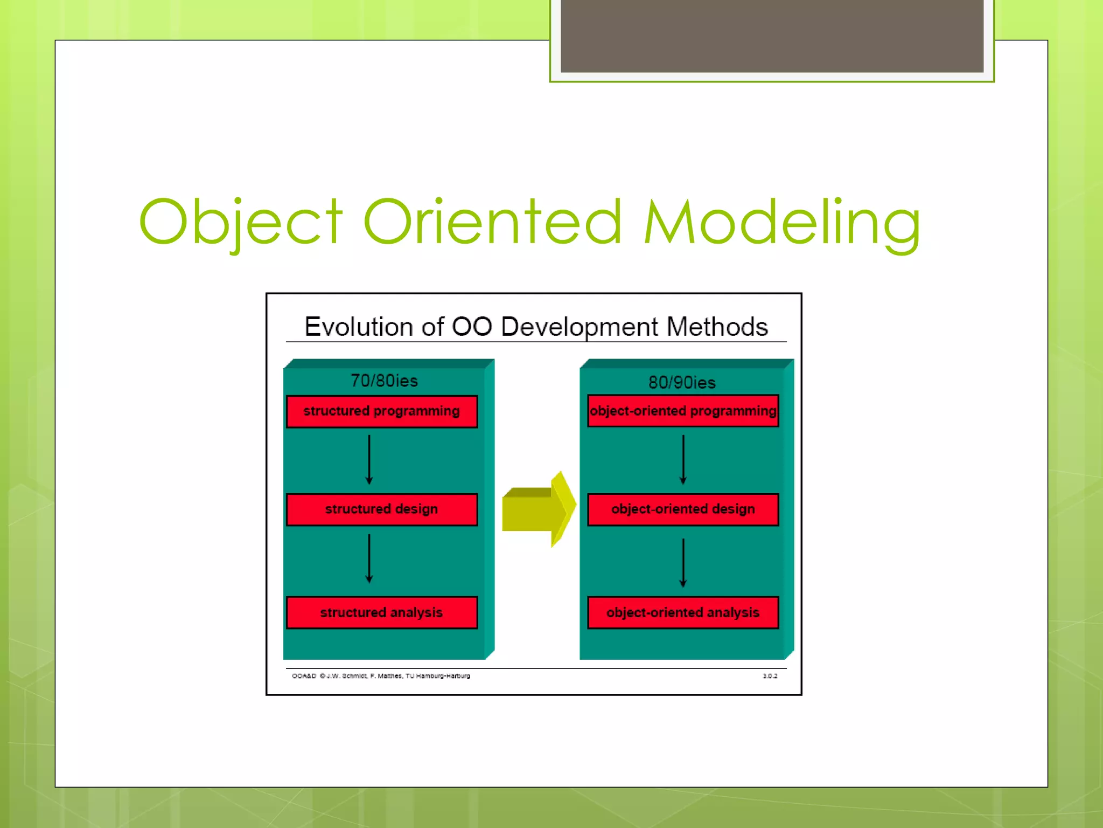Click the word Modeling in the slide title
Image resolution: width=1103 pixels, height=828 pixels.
(782, 222)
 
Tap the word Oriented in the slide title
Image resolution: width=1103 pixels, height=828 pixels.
(492, 222)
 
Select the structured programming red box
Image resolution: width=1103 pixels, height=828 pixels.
(381, 411)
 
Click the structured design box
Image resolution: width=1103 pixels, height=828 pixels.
(381, 509)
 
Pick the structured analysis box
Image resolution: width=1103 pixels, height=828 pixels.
(381, 612)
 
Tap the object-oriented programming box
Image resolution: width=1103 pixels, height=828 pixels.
(683, 411)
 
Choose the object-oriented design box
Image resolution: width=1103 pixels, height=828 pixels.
(683, 509)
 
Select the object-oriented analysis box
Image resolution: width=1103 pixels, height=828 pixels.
(683, 612)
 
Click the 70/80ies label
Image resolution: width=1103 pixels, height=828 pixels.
(384, 381)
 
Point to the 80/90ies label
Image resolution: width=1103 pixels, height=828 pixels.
(682, 382)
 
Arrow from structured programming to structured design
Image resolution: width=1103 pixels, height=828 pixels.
(369, 460)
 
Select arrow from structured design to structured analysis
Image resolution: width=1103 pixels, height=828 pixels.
(369, 558)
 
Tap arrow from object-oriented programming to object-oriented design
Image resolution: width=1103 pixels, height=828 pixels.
(683, 460)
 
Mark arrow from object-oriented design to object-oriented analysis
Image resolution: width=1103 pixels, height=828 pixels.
(683, 562)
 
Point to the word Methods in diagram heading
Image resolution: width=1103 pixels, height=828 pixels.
(717, 327)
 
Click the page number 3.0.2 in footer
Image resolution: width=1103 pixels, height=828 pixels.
(770, 676)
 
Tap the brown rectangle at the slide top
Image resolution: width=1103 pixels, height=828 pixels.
(772, 36)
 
